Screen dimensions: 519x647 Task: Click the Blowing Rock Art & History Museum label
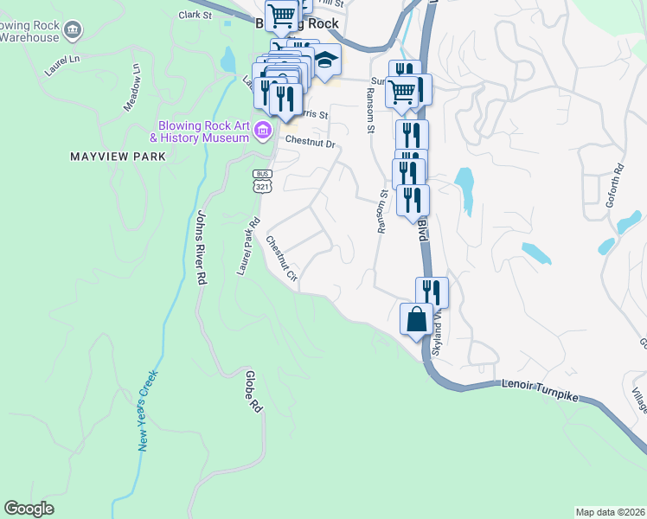click(199, 131)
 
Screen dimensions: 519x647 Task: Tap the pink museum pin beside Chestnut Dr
click(264, 131)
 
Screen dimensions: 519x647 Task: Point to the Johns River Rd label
click(202, 248)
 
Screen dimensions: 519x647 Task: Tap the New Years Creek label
click(148, 411)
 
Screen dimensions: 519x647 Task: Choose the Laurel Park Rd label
click(248, 247)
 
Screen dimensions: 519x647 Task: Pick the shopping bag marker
click(416, 318)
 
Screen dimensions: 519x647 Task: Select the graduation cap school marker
click(325, 60)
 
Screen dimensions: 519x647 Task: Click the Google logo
click(29, 509)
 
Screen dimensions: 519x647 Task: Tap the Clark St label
click(195, 15)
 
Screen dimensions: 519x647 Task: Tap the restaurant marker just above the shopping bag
click(432, 292)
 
